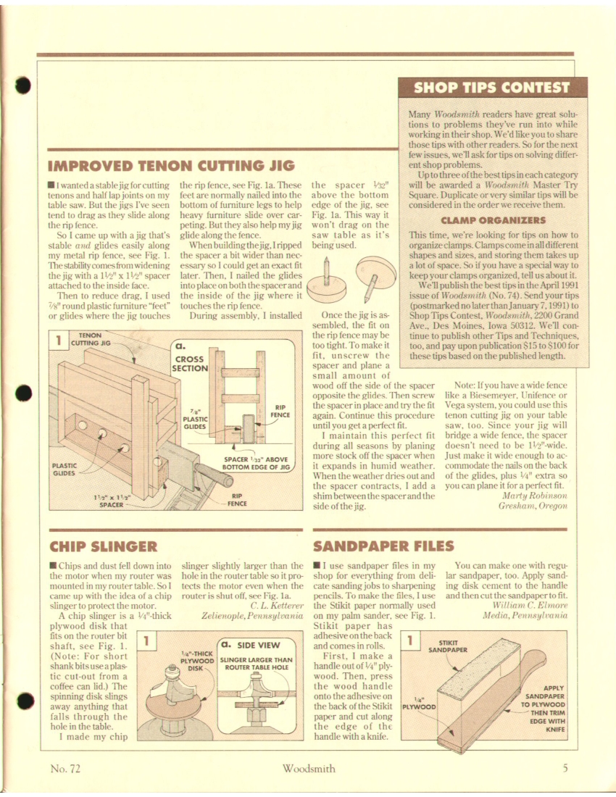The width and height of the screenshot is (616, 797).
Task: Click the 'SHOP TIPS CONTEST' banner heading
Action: [x=491, y=88]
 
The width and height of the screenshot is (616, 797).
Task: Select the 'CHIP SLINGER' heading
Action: [x=101, y=543]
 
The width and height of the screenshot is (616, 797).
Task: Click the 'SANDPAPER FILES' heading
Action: [x=383, y=545]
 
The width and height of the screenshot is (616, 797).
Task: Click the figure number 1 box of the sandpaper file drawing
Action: [x=410, y=640]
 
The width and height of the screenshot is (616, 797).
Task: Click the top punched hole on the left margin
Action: [x=23, y=84]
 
